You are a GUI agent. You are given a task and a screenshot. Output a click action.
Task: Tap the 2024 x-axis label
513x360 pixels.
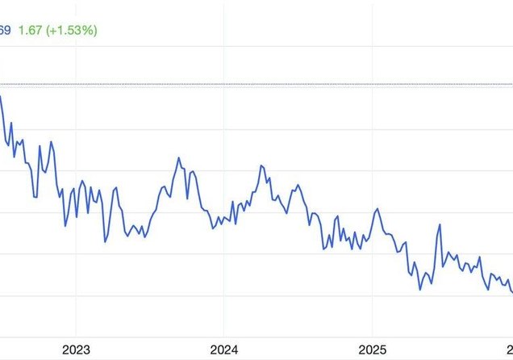(223, 350)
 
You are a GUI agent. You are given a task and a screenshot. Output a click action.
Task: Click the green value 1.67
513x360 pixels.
(30, 31)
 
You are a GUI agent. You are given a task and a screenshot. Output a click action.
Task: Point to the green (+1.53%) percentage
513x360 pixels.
(73, 31)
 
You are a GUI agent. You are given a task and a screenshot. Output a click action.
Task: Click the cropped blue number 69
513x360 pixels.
(4, 31)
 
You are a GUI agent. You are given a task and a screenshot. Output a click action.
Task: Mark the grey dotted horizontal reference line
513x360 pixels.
(258, 84)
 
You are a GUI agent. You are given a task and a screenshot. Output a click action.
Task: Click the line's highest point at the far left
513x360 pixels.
(1, 97)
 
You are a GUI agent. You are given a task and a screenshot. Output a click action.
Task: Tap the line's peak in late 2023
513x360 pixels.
(179, 158)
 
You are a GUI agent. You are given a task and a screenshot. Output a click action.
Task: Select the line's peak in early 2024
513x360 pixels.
(262, 165)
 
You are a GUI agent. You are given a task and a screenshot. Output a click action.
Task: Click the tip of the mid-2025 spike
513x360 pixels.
(440, 224)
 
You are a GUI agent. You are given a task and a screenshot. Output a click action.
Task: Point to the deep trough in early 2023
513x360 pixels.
(105, 241)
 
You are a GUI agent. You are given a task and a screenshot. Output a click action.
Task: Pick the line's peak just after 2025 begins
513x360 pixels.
(376, 209)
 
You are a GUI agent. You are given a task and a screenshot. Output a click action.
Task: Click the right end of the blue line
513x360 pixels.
(511, 292)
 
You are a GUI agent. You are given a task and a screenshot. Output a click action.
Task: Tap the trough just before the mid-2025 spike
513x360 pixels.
(421, 289)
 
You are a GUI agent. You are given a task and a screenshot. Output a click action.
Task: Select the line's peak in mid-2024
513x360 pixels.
(298, 185)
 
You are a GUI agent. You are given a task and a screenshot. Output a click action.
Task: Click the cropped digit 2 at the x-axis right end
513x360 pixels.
(510, 350)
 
